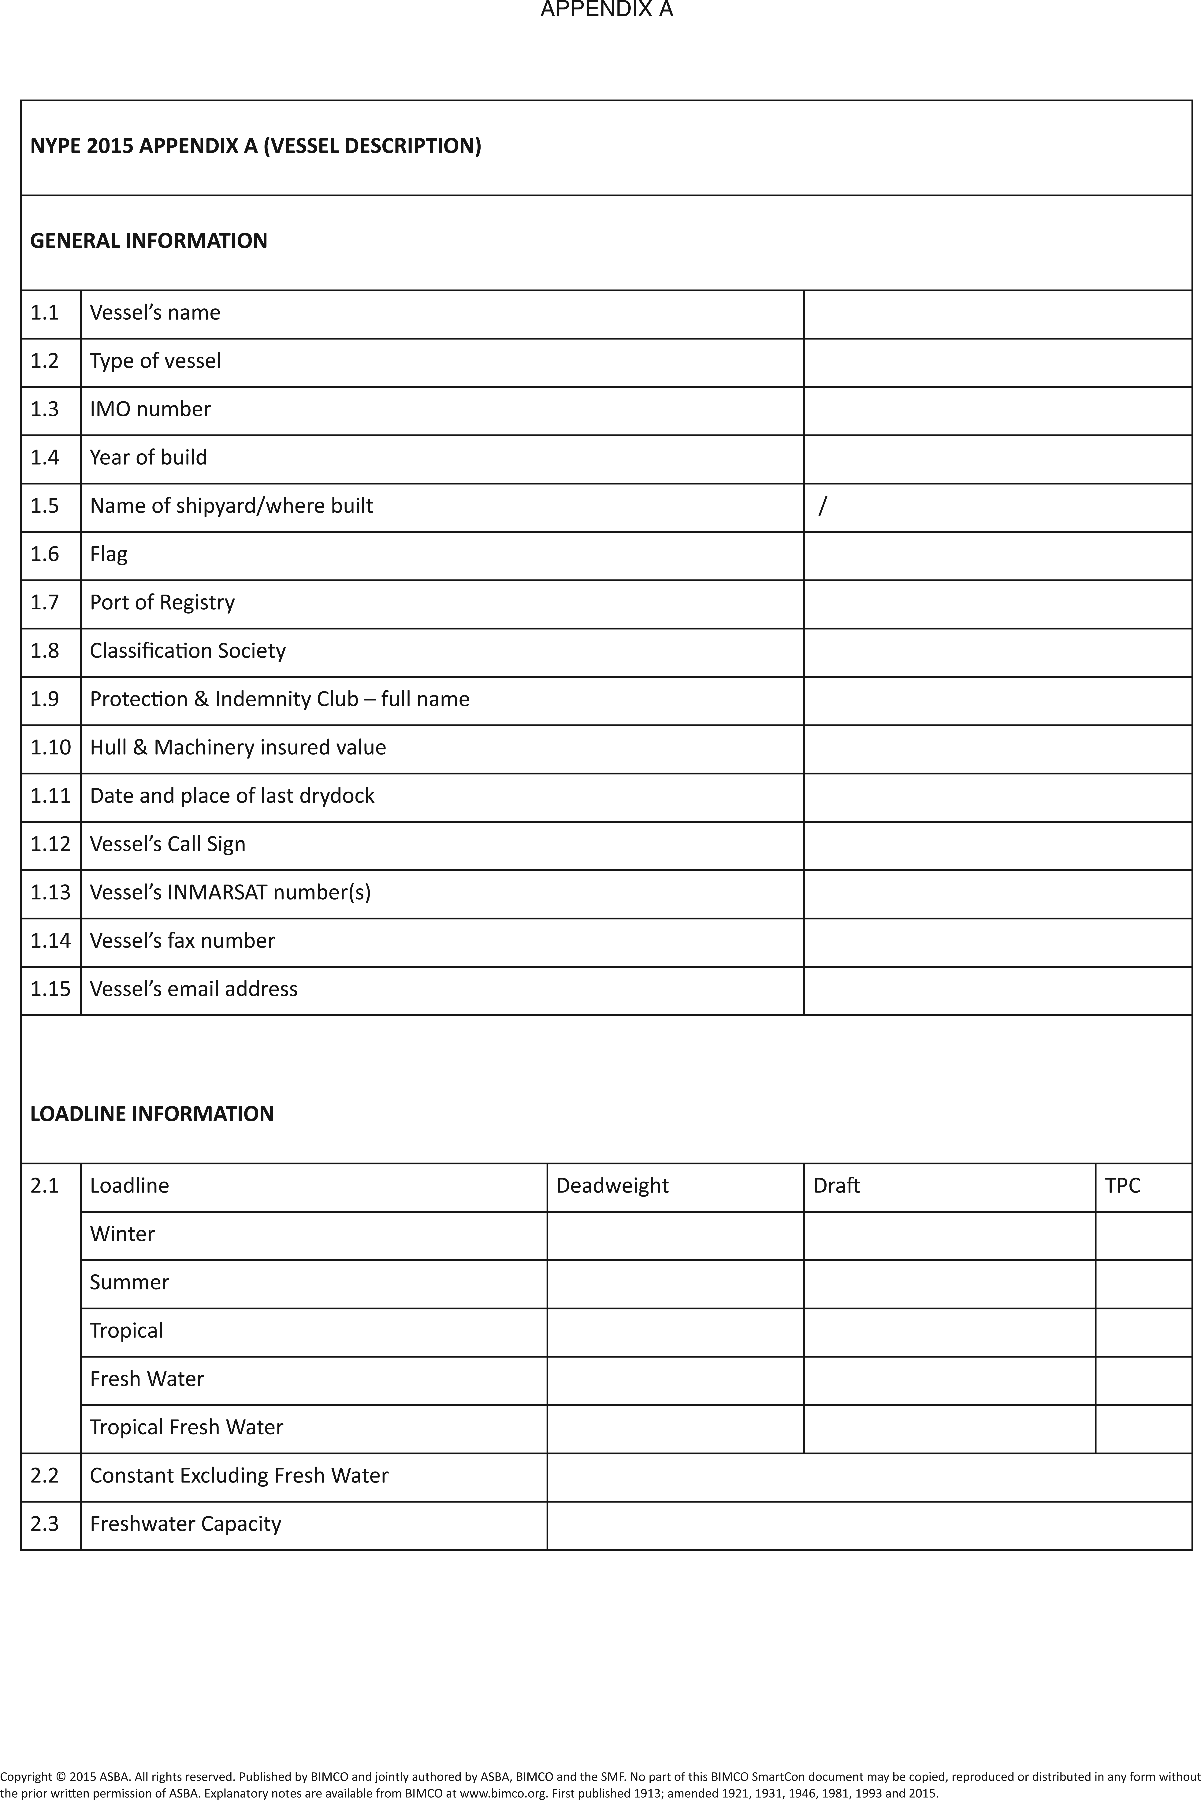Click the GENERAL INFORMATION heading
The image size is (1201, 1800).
point(149,240)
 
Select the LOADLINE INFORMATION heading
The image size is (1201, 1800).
point(152,1113)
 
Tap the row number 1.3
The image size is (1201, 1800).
point(44,409)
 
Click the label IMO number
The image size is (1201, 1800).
point(150,409)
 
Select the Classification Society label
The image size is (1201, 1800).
point(188,650)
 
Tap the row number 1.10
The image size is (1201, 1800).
point(50,747)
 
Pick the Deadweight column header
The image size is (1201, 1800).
point(612,1185)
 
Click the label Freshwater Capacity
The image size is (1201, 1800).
point(185,1524)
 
